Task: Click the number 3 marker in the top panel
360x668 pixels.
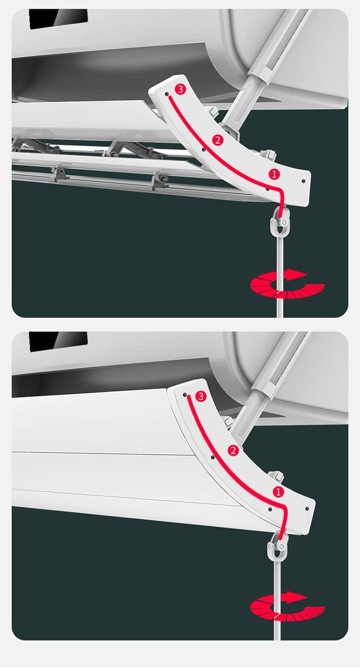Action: [x=180, y=90]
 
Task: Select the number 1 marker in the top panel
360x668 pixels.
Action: [x=275, y=175]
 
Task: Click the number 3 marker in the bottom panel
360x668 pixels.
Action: [x=200, y=396]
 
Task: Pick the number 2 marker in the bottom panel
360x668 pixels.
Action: [x=233, y=450]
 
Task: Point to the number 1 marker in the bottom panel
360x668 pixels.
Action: [x=278, y=492]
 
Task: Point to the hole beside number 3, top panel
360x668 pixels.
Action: [x=167, y=94]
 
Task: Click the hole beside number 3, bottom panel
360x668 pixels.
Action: [x=185, y=395]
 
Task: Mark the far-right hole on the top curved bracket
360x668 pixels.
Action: [x=303, y=181]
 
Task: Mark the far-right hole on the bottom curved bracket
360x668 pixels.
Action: [x=307, y=508]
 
